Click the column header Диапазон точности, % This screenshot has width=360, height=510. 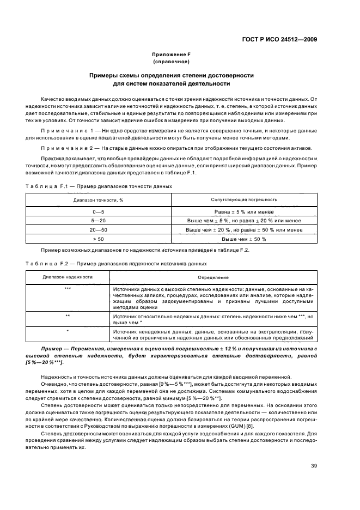[x=99, y=201]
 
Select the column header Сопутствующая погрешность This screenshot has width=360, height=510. [x=244, y=201]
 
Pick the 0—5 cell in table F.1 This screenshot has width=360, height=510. [x=99, y=211]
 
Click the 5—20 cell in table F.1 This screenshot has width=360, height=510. [x=99, y=221]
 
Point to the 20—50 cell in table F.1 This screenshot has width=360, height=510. [x=99, y=230]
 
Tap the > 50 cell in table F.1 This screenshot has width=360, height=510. [x=99, y=239]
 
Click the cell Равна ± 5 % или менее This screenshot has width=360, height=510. [x=244, y=211]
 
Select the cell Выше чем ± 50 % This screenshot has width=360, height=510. [x=244, y=239]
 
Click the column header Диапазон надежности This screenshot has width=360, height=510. [x=68, y=277]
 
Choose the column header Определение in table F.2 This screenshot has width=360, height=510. [x=213, y=277]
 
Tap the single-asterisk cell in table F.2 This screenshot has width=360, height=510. [x=68, y=331]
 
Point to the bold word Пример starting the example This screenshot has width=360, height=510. [x=52, y=348]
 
